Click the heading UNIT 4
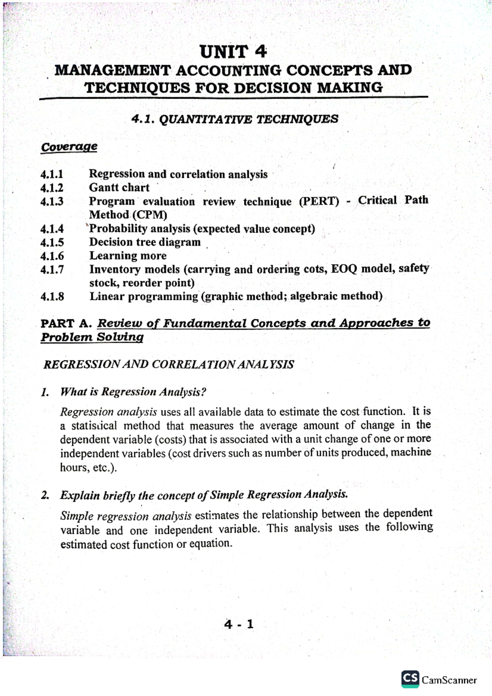coord(233,52)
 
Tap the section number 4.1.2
coord(52,188)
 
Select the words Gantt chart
coord(119,188)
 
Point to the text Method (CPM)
coord(128,215)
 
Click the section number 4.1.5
coord(52,243)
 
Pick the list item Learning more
coord(128,256)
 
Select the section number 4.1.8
coord(52,297)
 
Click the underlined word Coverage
coord(69,147)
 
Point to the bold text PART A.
coord(66,324)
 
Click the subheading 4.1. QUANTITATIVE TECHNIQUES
coord(235,119)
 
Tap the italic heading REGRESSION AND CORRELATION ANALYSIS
coord(169,364)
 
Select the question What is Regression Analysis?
coord(133,392)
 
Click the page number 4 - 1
coord(239,625)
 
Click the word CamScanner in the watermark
coord(449,680)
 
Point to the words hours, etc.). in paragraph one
coord(88,468)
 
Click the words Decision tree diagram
coord(145,242)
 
